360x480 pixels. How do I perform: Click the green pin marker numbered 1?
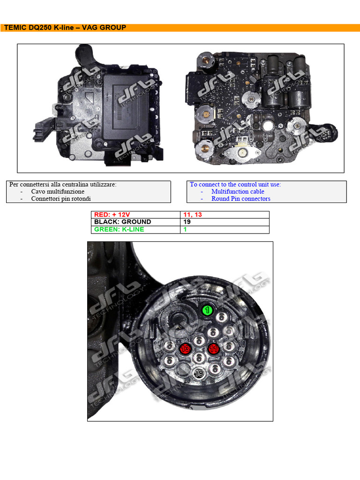[x=207, y=310]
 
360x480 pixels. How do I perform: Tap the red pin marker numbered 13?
[x=185, y=349]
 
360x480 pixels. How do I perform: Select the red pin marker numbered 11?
[x=214, y=349]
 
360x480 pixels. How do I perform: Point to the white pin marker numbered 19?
[x=199, y=373]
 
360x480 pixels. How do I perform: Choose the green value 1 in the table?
[x=185, y=229]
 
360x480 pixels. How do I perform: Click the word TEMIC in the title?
[x=15, y=28]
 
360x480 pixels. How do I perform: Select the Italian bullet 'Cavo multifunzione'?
[x=58, y=191]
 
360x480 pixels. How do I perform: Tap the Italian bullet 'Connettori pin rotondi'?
[x=61, y=198]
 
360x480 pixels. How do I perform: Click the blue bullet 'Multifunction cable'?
[x=238, y=191]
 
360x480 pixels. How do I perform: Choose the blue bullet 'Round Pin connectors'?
[x=240, y=198]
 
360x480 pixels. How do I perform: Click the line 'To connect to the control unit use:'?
[x=235, y=184]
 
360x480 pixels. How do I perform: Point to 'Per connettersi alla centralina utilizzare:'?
[x=63, y=184]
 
